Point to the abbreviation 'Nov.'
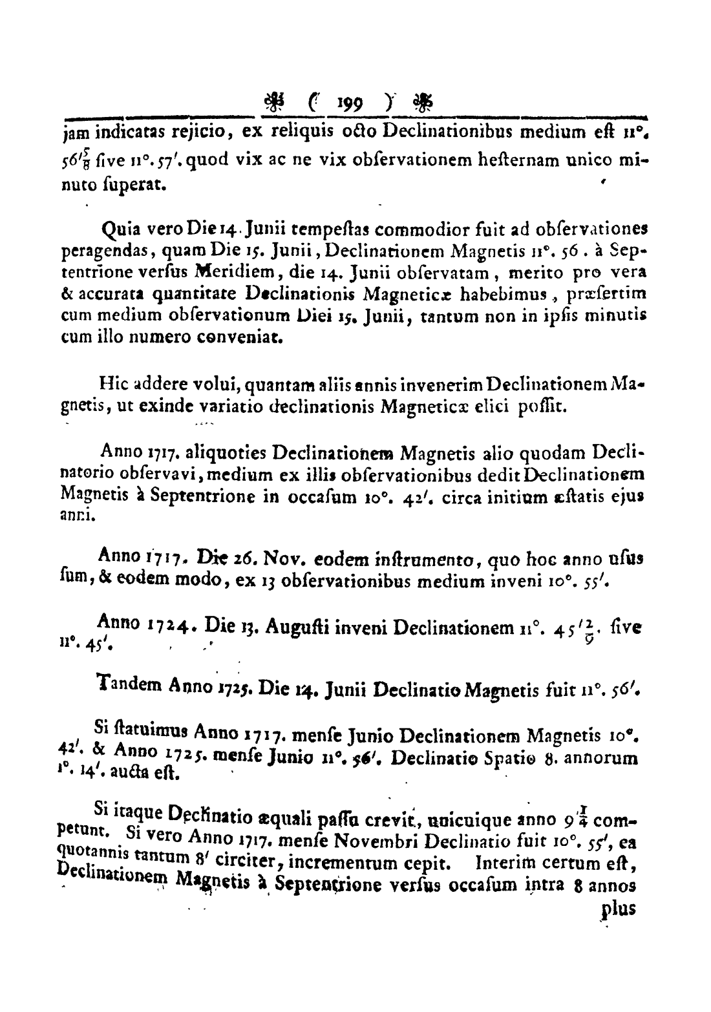[x=278, y=556]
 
